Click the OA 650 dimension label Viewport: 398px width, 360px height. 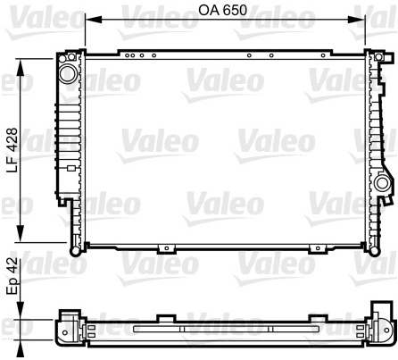click(223, 11)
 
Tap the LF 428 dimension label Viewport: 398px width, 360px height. click(12, 150)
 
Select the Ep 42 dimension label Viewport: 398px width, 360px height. click(12, 277)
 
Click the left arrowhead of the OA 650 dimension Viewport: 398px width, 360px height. click(94, 20)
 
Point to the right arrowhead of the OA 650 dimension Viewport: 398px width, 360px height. click(356, 20)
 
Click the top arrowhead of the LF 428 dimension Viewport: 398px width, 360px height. click(20, 67)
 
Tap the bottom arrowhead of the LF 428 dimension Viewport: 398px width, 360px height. click(20, 234)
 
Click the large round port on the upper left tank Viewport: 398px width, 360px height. click(68, 73)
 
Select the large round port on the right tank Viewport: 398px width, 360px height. click(382, 183)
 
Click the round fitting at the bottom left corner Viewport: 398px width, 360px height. click(75, 251)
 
